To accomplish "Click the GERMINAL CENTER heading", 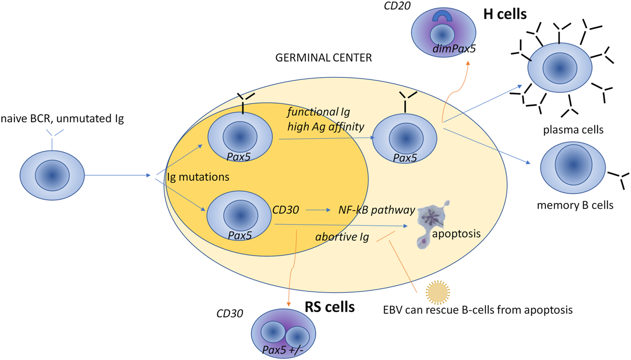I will click(323, 58).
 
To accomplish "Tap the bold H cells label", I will click(505, 14).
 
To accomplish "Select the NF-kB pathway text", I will click(377, 210).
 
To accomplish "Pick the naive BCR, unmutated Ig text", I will click(62, 118).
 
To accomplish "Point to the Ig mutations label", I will click(198, 177).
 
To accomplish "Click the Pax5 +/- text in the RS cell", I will click(283, 349).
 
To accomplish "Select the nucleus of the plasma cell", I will click(559, 69).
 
